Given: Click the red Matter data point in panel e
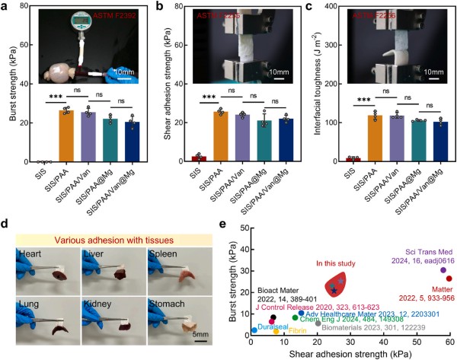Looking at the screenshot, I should (x=449, y=279).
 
